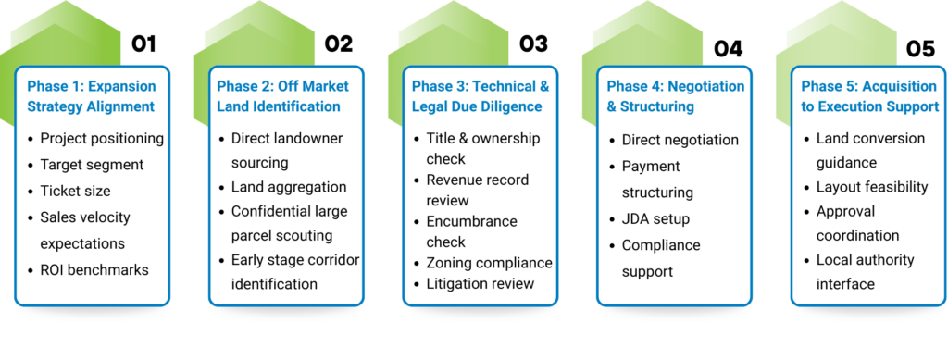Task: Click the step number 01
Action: [143, 44]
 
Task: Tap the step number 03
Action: [533, 44]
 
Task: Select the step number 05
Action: [920, 49]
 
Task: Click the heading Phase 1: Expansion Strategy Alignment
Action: [92, 96]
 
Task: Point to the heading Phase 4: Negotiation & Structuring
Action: [675, 96]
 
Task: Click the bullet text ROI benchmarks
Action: [94, 269]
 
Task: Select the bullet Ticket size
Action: [76, 191]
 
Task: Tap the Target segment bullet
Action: [92, 165]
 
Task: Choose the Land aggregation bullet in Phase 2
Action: [289, 187]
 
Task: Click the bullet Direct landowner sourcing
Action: [287, 151]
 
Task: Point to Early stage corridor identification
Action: [295, 272]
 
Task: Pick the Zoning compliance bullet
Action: [489, 263]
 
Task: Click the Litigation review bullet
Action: [480, 283]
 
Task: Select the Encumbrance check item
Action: [471, 231]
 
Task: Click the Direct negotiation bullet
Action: [680, 140]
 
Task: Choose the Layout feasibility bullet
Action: [872, 187]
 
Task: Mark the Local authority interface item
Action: [866, 272]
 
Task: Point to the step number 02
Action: [338, 44]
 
